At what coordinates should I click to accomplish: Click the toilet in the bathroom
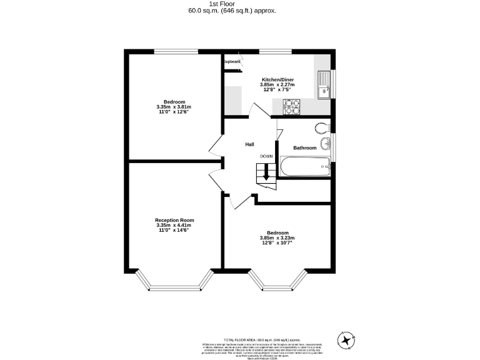click(322, 128)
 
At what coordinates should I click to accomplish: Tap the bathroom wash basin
click(325, 145)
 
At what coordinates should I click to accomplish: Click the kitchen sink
click(323, 86)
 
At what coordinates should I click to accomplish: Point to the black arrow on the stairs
click(266, 173)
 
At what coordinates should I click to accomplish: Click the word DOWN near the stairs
click(266, 156)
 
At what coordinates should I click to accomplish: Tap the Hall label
click(249, 144)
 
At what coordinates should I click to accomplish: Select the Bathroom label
click(305, 148)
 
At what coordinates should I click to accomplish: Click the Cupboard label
click(232, 61)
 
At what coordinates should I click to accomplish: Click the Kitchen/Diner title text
click(277, 80)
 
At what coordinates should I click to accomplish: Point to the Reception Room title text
click(174, 220)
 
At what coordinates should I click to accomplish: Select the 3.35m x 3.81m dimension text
click(174, 107)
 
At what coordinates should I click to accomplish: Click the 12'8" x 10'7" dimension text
click(277, 242)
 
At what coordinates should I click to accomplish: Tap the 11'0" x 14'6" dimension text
click(174, 230)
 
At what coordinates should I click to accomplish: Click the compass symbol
click(346, 340)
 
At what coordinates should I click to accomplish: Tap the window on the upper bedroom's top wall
click(172, 52)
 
